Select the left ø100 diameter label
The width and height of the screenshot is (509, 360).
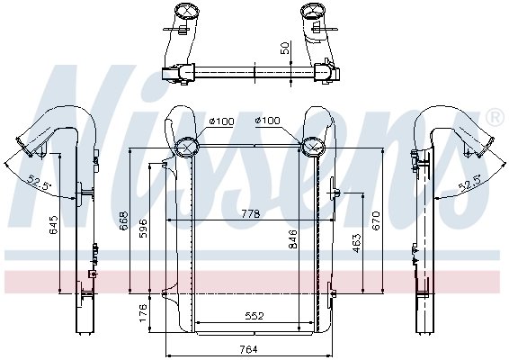pos(221,121)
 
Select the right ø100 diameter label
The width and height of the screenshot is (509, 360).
pos(268,121)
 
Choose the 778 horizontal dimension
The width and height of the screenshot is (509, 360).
pos(250,214)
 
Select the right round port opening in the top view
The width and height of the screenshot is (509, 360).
pos(316,12)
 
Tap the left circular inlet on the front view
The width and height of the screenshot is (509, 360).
pos(188,147)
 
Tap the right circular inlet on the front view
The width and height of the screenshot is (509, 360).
pos(314,147)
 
